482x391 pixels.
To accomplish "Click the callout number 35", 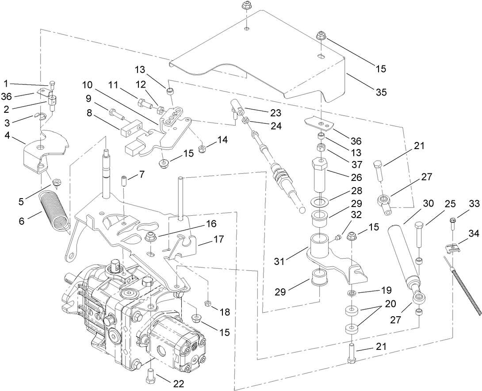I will coord(381,92).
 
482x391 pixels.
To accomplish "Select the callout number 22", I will coord(178,384).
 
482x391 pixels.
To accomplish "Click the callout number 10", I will coord(87,84).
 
